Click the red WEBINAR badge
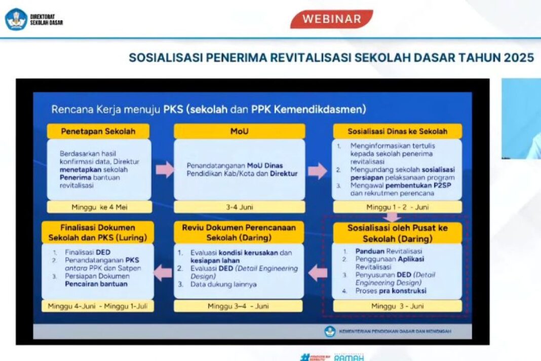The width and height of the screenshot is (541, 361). click(331, 19)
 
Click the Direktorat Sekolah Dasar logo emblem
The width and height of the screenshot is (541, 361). click(16, 19)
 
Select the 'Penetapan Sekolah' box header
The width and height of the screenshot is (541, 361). click(98, 131)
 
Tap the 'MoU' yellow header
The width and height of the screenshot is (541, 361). click(239, 131)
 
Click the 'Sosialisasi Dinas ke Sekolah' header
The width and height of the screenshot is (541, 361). click(397, 131)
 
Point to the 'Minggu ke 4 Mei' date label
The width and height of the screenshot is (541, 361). click(99, 207)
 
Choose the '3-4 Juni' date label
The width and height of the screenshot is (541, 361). click(239, 207)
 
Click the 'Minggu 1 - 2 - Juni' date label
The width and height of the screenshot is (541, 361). click(397, 207)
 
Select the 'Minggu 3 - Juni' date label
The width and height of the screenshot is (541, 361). click(397, 306)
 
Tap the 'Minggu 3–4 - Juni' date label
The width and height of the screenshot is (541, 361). click(238, 306)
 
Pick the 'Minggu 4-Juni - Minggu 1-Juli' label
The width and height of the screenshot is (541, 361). click(98, 306)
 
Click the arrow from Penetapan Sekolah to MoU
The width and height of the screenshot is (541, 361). click(165, 170)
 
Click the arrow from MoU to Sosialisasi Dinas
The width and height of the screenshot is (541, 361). click(318, 171)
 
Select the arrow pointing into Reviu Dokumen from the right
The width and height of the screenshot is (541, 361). click(318, 273)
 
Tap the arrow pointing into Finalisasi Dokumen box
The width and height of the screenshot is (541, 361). click(163, 273)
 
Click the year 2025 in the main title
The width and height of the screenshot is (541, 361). click(519, 58)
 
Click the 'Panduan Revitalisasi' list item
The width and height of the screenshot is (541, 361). click(389, 251)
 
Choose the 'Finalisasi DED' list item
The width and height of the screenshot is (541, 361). click(88, 252)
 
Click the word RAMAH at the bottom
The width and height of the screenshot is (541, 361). click(349, 357)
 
